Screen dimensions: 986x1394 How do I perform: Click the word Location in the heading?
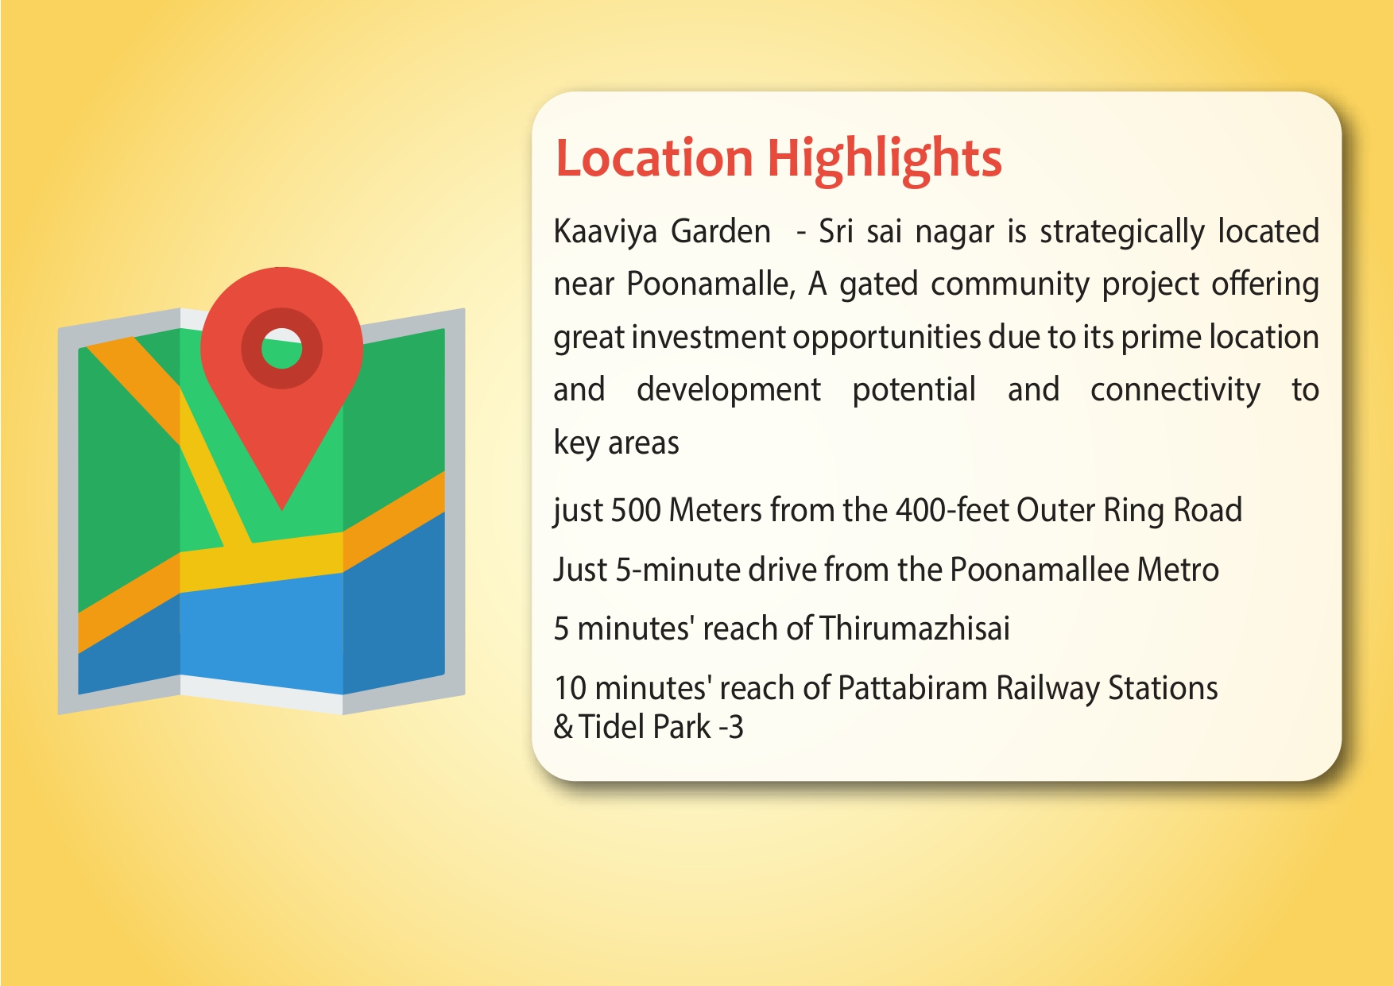[x=654, y=157]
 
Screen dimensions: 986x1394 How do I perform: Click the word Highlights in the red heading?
[x=884, y=159]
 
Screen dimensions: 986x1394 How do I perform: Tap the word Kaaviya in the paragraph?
[x=606, y=232]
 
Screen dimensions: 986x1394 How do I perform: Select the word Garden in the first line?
[x=721, y=232]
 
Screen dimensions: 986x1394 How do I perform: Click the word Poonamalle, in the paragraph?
[x=711, y=284]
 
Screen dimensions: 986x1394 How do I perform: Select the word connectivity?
[x=1175, y=390]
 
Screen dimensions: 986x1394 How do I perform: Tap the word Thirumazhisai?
[x=915, y=628]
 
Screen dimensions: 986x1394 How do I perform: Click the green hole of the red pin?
[x=282, y=349]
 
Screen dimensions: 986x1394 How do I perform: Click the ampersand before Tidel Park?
[x=563, y=727]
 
